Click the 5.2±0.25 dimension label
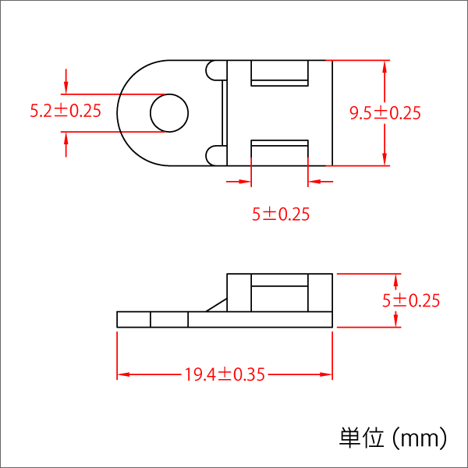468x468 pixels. (x=66, y=112)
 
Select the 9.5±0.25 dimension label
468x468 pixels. (x=385, y=113)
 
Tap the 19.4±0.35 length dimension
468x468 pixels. (x=225, y=375)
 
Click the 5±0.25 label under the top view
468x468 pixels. (x=281, y=214)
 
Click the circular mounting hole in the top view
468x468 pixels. (x=168, y=113)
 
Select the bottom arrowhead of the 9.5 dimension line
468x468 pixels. (x=385, y=159)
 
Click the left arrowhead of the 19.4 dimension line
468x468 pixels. (x=122, y=375)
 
